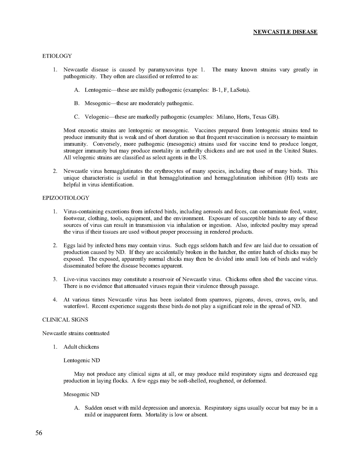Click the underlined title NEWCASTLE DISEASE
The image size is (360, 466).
pyautogui.click(x=285, y=32)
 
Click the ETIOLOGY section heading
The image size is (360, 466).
pyautogui.click(x=57, y=56)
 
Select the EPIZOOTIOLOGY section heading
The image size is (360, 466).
pyautogui.click(x=66, y=198)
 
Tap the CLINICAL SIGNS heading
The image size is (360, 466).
pyautogui.click(x=65, y=320)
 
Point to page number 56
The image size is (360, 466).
pyautogui.click(x=39, y=433)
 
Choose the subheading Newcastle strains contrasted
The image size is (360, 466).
pyautogui.click(x=76, y=333)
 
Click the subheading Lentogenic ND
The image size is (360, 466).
pyautogui.click(x=81, y=361)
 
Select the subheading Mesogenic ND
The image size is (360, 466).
pyautogui.click(x=81, y=395)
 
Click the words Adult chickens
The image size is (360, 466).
pyautogui.click(x=81, y=347)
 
